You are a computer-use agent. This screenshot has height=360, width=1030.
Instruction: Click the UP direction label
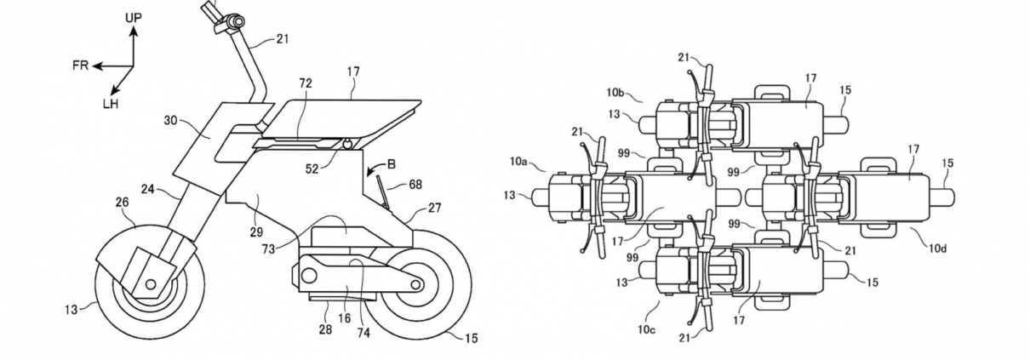(134, 18)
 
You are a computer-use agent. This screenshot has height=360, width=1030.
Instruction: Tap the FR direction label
(80, 66)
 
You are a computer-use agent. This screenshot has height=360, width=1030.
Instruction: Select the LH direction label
(111, 105)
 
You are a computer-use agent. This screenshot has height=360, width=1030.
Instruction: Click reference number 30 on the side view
(170, 121)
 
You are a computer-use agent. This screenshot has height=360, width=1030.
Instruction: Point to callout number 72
(306, 83)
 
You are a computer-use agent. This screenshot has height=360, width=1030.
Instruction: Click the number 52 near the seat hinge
(312, 169)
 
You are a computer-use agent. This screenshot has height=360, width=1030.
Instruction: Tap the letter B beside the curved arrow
(392, 164)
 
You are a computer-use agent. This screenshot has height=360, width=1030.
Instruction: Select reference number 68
(415, 185)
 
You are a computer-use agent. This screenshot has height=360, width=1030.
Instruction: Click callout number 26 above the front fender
(122, 202)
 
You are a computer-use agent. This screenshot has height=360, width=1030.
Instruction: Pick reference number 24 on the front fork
(147, 189)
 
